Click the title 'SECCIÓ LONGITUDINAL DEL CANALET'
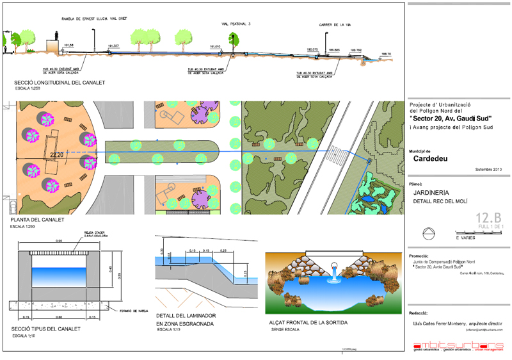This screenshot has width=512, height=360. [59, 83]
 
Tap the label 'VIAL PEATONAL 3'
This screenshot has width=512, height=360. [237, 23]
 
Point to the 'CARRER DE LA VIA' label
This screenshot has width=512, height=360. [335, 26]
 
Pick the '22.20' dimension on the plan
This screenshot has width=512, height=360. [57, 154]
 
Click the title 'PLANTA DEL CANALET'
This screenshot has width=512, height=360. [38, 220]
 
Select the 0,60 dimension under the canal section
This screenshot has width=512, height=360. [59, 316]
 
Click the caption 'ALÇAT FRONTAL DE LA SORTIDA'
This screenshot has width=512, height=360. [308, 322]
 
